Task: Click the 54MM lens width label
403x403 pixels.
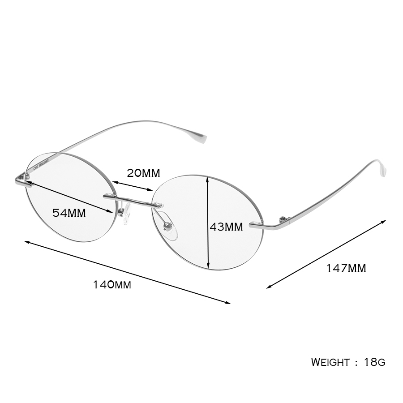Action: (x=69, y=213)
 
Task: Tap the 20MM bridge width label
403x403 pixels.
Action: (x=143, y=173)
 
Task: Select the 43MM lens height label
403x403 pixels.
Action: (x=226, y=227)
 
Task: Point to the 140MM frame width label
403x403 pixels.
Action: (x=112, y=285)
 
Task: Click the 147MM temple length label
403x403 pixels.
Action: (x=346, y=268)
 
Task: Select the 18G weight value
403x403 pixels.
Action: (x=375, y=362)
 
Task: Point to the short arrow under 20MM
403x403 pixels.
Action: (x=133, y=186)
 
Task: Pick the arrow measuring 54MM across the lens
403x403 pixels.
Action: (x=69, y=197)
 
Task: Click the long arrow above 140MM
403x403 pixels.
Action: (x=127, y=272)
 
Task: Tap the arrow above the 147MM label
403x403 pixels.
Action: (x=326, y=254)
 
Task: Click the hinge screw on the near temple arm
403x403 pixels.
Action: (x=283, y=219)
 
